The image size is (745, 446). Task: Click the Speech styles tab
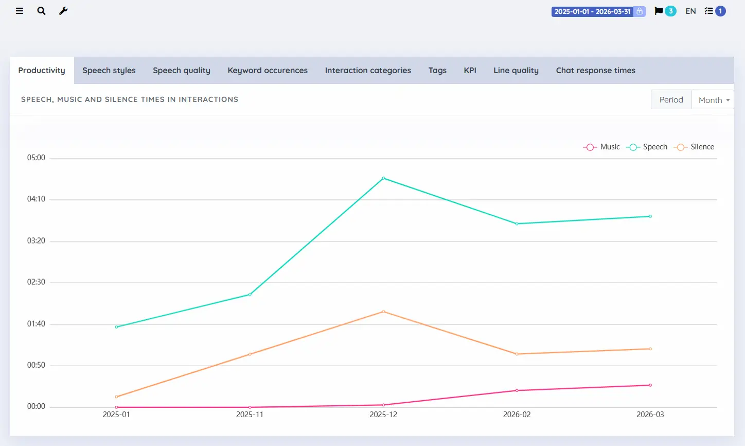coord(109,70)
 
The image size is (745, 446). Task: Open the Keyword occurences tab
coord(268,70)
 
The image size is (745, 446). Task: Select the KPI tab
coord(470,70)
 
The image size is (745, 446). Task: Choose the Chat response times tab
coord(595,70)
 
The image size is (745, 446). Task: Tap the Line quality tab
coord(516,70)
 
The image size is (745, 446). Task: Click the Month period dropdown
coord(713,99)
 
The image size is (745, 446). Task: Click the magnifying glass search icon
coord(41,11)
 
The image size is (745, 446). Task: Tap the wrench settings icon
coord(63,11)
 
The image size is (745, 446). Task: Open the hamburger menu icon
coord(19,11)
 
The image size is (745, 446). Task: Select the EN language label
coord(690,11)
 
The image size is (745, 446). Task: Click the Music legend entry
coord(601,147)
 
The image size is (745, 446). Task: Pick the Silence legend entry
coord(694,147)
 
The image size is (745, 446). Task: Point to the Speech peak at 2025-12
coord(383,178)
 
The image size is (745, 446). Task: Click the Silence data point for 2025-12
coord(383,312)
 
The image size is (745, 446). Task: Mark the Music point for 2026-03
coord(650,385)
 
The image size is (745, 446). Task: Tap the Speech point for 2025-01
coord(116,327)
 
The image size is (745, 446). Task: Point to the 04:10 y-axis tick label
coord(36,199)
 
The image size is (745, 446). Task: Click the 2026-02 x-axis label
coord(517,415)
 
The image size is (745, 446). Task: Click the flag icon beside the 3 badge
coord(659,11)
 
